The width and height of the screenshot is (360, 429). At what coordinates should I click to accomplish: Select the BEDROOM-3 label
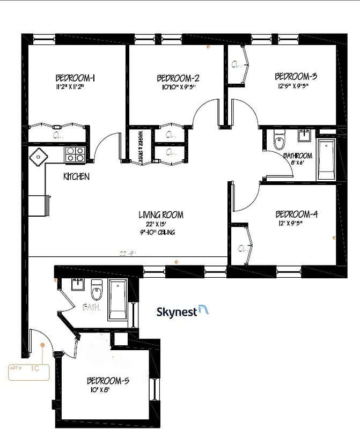click(296, 76)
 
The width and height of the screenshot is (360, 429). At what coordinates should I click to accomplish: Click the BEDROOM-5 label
click(108, 381)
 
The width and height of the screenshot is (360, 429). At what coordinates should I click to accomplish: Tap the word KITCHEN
click(76, 176)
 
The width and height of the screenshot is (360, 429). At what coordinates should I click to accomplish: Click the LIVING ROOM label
click(161, 215)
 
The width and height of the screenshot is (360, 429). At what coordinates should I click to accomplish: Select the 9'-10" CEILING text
click(156, 232)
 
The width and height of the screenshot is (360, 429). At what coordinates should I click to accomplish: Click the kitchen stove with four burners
click(75, 154)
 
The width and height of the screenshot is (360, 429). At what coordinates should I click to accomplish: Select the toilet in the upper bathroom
click(278, 141)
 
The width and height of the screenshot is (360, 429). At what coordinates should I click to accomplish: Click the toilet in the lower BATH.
click(97, 291)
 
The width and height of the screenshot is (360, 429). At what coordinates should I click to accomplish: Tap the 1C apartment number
click(35, 368)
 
